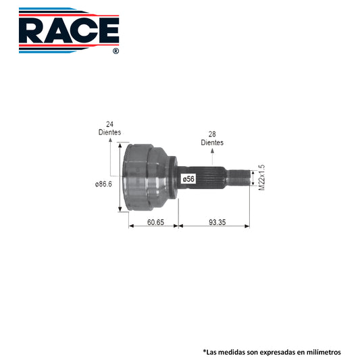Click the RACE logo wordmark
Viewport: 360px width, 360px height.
pos(69,30)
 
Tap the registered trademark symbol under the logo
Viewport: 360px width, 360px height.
pos(116,51)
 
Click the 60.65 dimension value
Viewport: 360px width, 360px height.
pos(155,222)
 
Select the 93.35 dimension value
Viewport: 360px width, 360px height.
pos(217,222)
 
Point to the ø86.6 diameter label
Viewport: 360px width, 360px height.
pos(103,184)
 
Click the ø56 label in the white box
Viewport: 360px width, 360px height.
pos(188,179)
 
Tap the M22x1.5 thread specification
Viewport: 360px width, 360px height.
pos(261,178)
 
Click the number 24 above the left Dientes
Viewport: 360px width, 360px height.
pos(109,124)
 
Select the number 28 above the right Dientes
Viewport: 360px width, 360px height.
pos(212,134)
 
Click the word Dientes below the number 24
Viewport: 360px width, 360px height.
pos(109,132)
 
